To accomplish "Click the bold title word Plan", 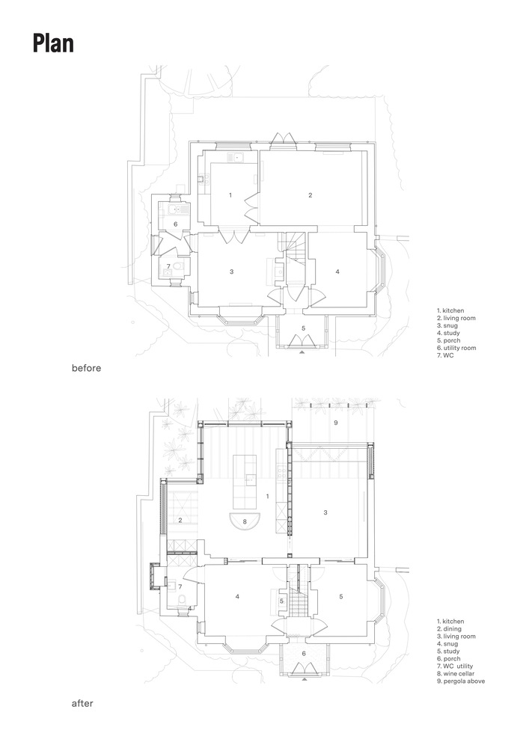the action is point(53,43).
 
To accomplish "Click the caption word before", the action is point(86,368).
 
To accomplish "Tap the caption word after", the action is point(82,703).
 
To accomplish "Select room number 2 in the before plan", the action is point(310,195).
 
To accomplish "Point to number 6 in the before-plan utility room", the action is point(175,224).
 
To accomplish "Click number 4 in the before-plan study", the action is point(337,272).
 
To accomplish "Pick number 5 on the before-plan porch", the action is point(303,328).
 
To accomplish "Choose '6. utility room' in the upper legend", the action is point(456,348).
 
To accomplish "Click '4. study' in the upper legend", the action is point(448,333).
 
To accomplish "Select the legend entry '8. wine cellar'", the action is point(456,674).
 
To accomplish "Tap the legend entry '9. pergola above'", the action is point(461,681).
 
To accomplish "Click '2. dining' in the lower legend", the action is point(450,629).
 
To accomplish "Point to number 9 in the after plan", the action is point(336,423).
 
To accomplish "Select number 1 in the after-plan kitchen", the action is point(268,497).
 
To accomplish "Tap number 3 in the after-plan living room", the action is point(325,513).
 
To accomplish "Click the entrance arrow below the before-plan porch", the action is point(302,352).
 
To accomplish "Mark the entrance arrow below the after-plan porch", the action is point(305,680).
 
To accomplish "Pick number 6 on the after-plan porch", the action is point(303,654).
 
